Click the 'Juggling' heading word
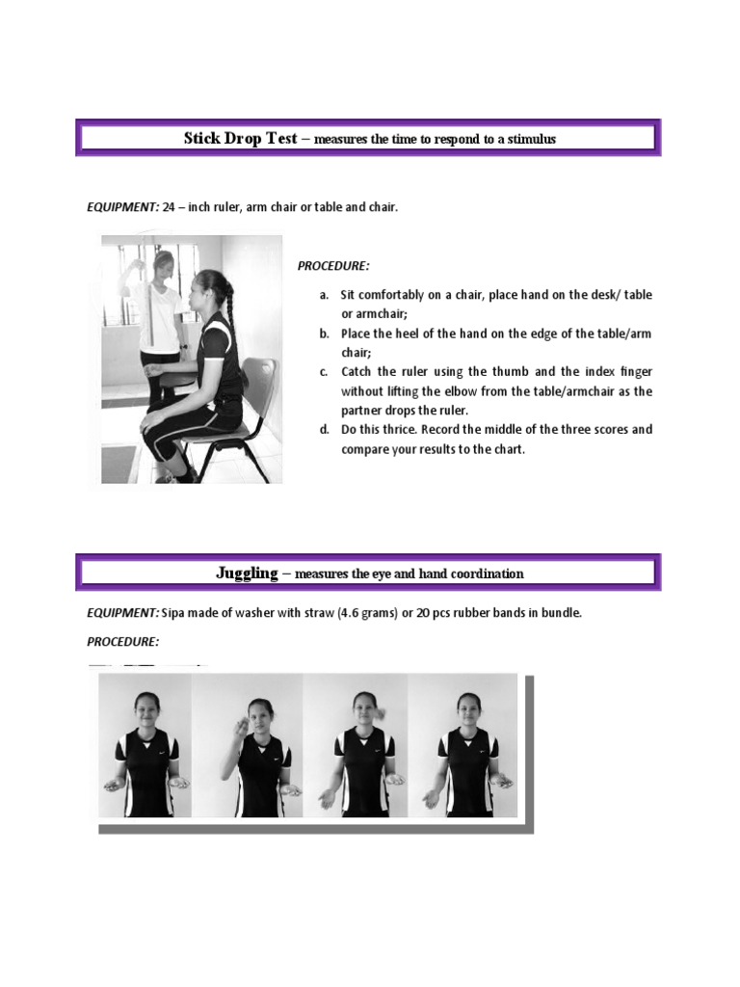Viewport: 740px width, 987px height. pos(247,574)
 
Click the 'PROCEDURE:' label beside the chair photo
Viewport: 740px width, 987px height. pos(332,266)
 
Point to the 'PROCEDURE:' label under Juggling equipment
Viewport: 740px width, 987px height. pos(122,641)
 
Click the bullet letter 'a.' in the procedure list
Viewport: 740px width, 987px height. pos(325,294)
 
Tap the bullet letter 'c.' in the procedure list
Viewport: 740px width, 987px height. pos(325,371)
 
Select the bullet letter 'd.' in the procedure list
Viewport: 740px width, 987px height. pos(325,429)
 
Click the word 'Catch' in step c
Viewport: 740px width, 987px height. pos(357,371)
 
